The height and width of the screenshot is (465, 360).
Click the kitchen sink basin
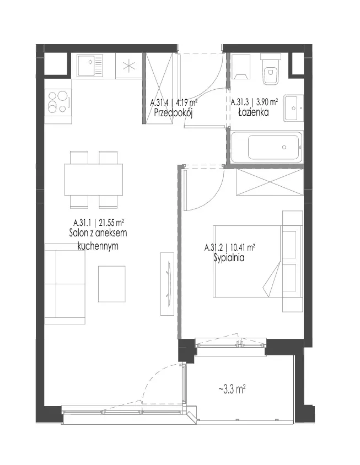(x=90, y=66)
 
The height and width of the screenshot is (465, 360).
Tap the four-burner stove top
(x=58, y=102)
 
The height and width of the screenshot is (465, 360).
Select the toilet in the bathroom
(x=270, y=69)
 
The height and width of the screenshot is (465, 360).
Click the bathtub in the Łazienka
(x=266, y=148)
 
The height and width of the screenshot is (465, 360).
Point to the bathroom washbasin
(x=293, y=108)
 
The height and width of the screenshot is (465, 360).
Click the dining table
(x=94, y=180)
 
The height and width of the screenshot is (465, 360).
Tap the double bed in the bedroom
(x=257, y=261)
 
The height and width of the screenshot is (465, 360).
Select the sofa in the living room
(x=65, y=284)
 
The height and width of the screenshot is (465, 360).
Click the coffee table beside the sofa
(x=111, y=284)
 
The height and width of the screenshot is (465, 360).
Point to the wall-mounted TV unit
(x=167, y=284)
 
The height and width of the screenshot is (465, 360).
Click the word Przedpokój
(x=173, y=113)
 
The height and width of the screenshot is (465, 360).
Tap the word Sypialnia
(x=229, y=258)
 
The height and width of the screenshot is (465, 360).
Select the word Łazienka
(x=254, y=112)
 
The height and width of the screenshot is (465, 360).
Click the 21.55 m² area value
(x=111, y=222)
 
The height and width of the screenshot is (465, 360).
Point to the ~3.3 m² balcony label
(x=232, y=389)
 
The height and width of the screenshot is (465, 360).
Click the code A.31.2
(x=213, y=247)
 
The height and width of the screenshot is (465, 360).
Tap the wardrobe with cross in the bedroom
(x=270, y=182)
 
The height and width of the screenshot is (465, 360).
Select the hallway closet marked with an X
(x=160, y=88)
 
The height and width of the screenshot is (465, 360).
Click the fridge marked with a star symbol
(x=129, y=66)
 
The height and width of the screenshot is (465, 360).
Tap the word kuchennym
(x=98, y=246)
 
